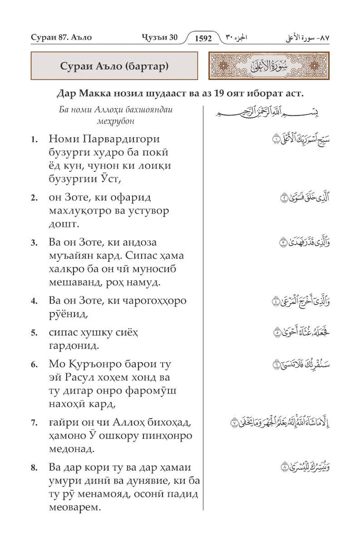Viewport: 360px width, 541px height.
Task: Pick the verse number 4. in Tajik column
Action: (34, 301)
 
